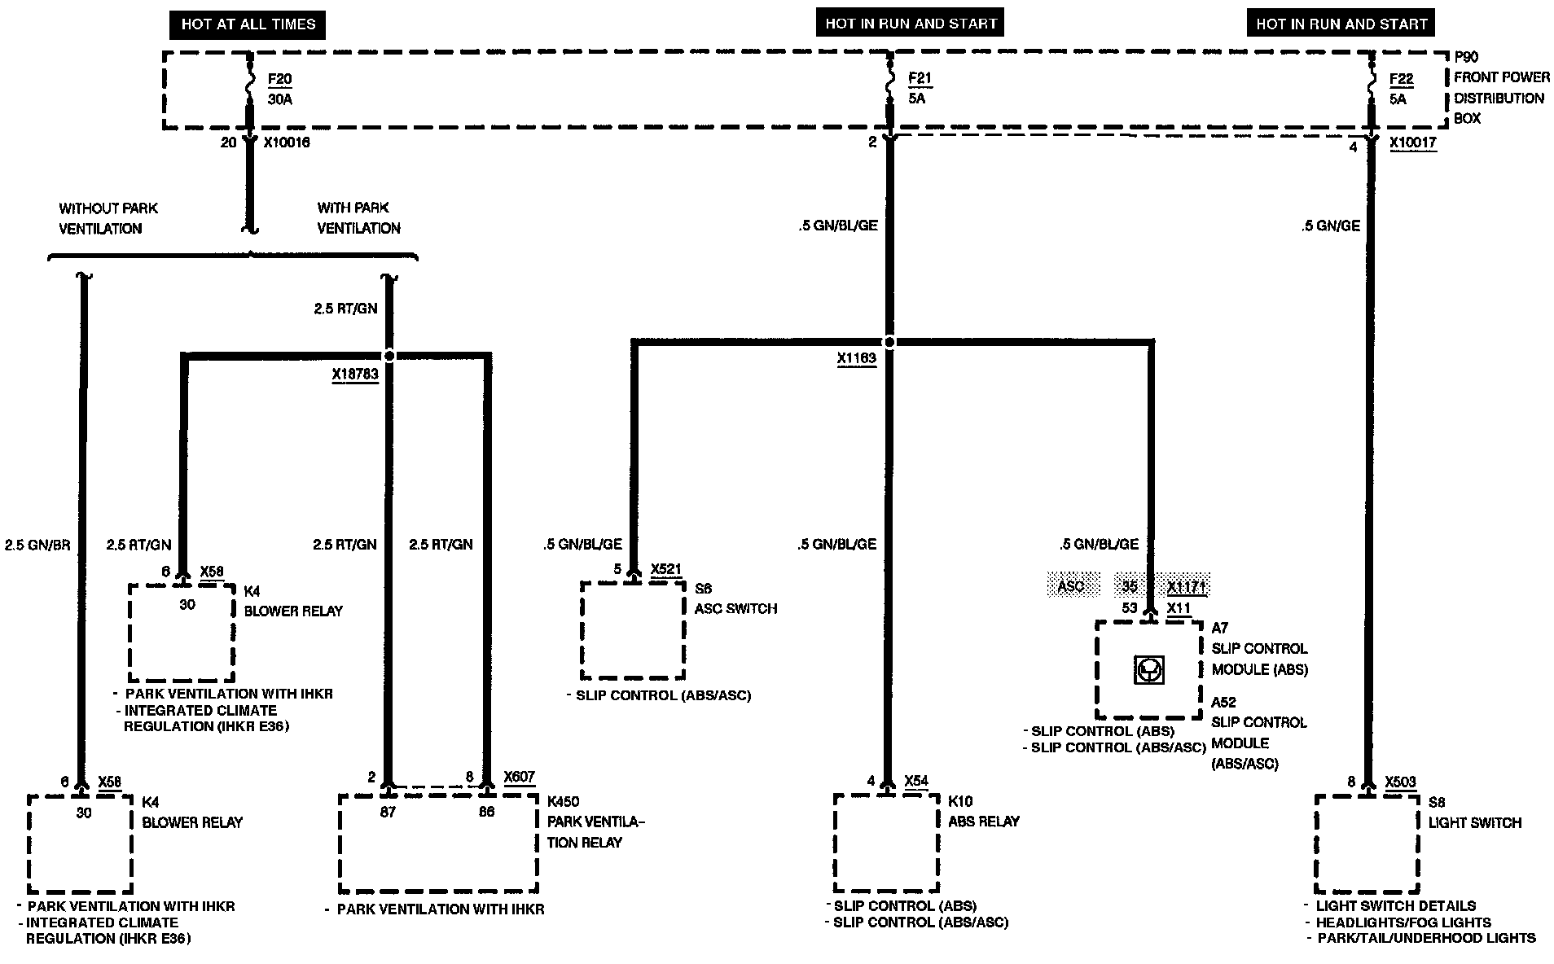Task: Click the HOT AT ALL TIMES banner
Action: coord(248,24)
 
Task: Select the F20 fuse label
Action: coord(279,79)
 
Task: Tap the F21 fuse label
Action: coord(920,78)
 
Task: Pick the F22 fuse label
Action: coord(1401,79)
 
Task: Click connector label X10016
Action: coord(287,142)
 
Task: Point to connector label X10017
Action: coord(1412,143)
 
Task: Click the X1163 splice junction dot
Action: coord(889,342)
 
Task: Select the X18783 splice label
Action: coord(354,375)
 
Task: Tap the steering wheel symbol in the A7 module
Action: coord(1148,670)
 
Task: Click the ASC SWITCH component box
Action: coord(633,629)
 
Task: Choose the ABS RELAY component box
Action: coord(886,843)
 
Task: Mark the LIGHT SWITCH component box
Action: coord(1367,843)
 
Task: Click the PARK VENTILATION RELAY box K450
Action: coord(438,843)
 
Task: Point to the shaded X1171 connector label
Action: coord(1187,586)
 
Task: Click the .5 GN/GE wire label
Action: coord(1331,226)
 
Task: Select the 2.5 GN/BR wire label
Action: coord(37,545)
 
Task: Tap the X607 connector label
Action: coord(520,777)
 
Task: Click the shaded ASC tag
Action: coord(1071,586)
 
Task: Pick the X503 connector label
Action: coord(1402,782)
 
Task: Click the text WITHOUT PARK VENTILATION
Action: coord(108,218)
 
